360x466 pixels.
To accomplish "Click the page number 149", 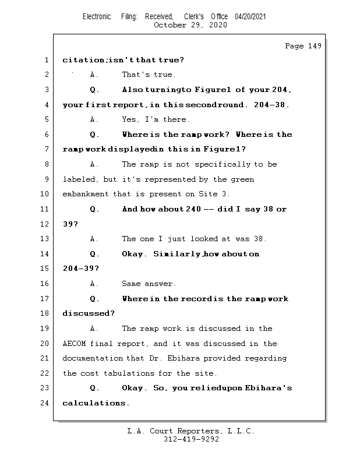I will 314,46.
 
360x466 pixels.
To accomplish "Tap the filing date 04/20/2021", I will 250,16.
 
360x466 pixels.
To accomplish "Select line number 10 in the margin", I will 45,194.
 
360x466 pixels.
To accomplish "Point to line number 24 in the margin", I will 45,403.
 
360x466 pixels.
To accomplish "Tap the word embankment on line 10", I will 86,194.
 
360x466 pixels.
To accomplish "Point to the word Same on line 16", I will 132,284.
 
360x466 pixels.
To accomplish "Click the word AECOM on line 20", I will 74,344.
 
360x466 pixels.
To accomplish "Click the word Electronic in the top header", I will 97,16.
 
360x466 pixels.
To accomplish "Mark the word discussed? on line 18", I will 89,313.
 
